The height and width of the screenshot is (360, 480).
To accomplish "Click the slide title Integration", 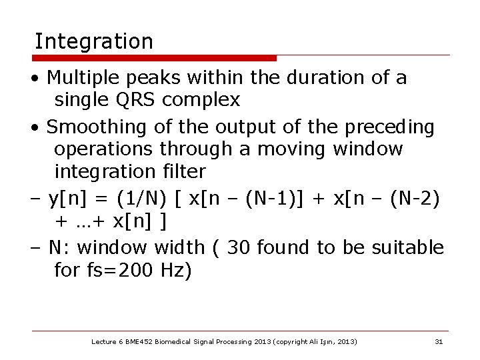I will (93, 42).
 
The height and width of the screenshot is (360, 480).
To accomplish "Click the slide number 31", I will (439, 342).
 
